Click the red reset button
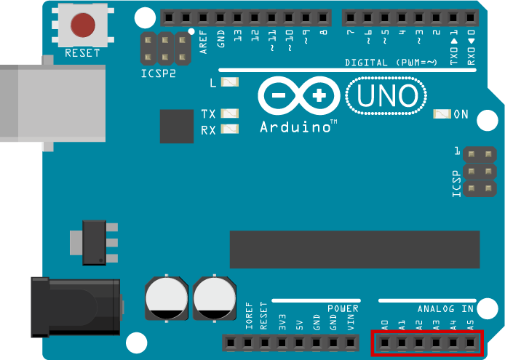[83, 25]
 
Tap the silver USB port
[53, 103]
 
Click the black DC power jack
[76, 308]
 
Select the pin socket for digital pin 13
[237, 17]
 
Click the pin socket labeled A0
[384, 343]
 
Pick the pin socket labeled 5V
[299, 343]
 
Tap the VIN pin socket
[351, 343]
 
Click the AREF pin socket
[203, 17]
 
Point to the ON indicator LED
[442, 114]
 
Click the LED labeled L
[230, 82]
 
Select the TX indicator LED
[230, 113]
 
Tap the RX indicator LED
[230, 129]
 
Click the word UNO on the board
[386, 95]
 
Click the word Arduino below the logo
[295, 127]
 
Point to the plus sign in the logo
[319, 95]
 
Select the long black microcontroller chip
[354, 249]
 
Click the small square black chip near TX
[177, 127]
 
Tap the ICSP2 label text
[159, 73]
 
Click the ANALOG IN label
[446, 309]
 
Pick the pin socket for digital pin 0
[470, 17]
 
